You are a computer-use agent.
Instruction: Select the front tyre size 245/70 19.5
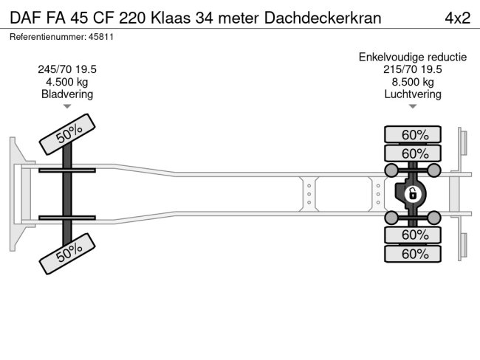[67, 69]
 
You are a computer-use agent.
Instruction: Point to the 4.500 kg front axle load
[67, 82]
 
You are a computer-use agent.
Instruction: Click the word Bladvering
[67, 94]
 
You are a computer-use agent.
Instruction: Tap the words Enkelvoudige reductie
[413, 57]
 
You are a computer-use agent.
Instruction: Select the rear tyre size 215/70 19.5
[413, 69]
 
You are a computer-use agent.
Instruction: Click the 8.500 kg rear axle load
[413, 82]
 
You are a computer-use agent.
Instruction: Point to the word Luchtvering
[413, 94]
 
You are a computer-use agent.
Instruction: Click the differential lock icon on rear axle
[413, 194]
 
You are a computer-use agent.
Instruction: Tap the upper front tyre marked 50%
[67, 134]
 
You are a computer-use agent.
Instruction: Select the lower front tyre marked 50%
[67, 254]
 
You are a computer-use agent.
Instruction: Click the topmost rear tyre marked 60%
[414, 134]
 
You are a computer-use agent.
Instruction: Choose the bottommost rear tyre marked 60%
[414, 254]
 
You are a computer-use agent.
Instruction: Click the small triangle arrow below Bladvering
[67, 107]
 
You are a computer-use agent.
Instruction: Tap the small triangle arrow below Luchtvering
[413, 107]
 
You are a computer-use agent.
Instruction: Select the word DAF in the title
[24, 18]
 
